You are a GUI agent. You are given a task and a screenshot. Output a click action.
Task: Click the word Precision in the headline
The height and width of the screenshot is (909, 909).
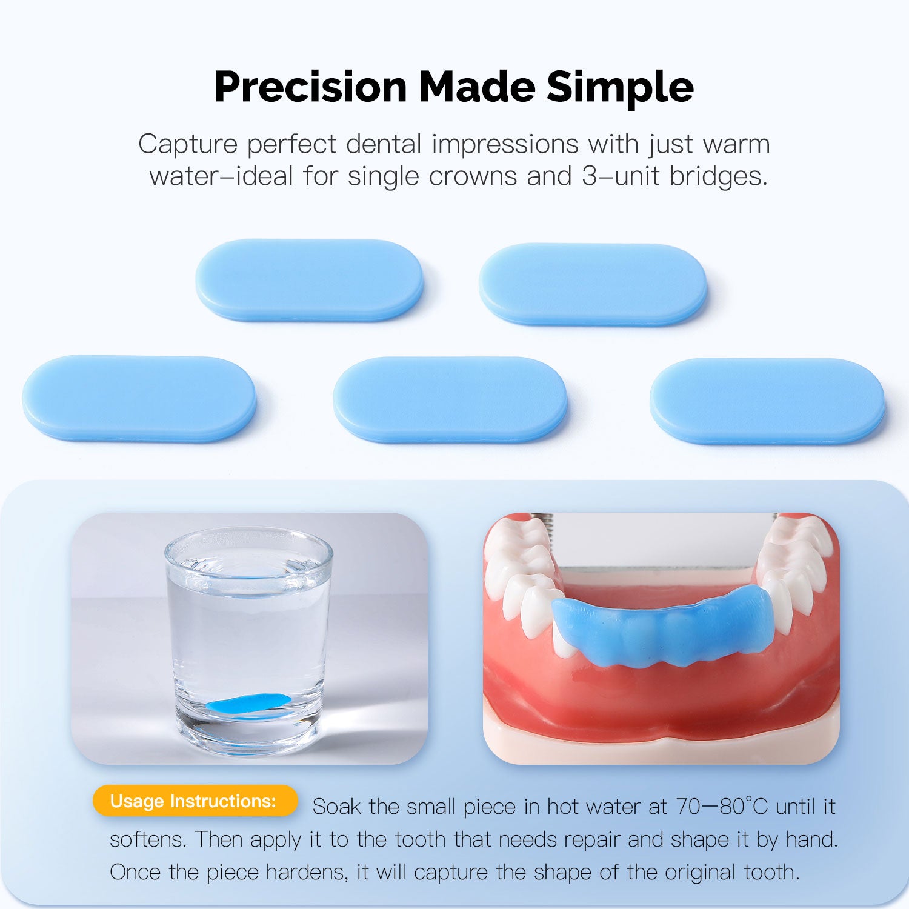coord(310,87)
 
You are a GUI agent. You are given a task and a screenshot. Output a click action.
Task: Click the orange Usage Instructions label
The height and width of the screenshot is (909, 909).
coord(194,801)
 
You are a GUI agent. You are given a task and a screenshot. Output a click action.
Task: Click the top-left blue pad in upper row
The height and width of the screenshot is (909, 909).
coord(309,280)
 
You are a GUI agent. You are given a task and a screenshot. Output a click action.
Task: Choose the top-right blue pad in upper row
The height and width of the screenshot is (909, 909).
coord(593,284)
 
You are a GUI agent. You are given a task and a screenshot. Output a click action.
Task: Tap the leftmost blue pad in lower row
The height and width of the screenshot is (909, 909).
coord(139,398)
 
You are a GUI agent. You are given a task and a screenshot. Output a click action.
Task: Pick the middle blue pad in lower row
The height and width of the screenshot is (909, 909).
coord(450,399)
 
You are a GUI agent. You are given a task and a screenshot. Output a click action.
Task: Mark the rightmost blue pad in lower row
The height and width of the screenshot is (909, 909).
coord(767,400)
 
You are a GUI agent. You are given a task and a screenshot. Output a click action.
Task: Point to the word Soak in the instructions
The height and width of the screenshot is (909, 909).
coord(336,807)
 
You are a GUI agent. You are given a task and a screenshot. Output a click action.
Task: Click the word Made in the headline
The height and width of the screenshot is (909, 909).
coord(477,87)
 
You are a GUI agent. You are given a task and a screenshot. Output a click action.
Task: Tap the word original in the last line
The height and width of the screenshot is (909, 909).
coord(701,872)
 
